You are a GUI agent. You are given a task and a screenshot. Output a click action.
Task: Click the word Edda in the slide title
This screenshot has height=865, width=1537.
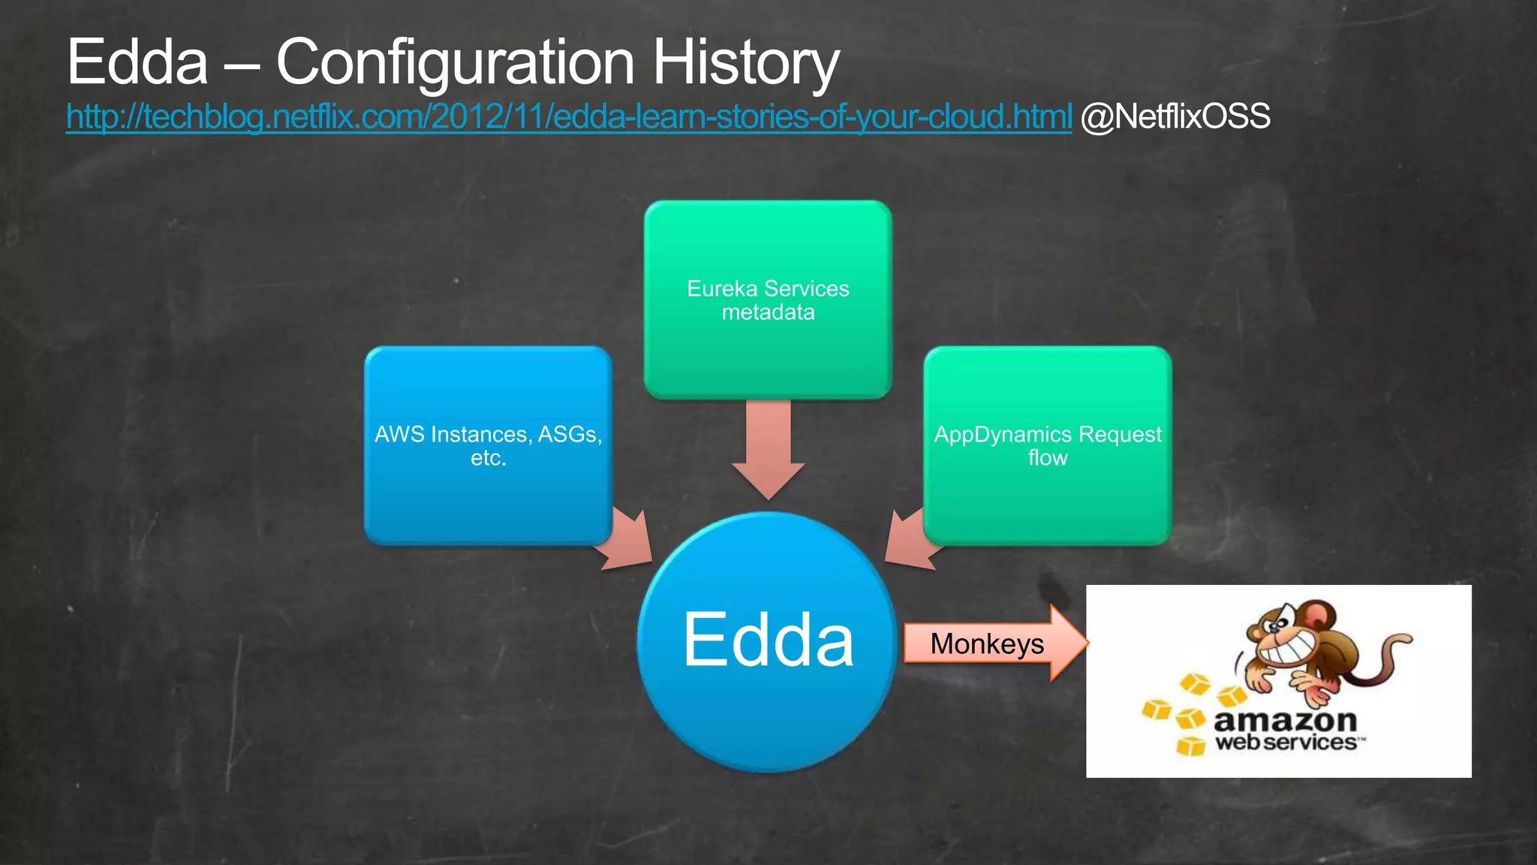(137, 62)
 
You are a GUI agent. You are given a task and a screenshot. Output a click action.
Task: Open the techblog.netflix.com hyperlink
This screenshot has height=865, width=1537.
(568, 117)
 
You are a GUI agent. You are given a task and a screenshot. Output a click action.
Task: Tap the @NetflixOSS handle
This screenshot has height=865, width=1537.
(1175, 117)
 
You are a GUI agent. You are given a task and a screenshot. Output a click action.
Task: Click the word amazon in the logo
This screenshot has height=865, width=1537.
(1285, 721)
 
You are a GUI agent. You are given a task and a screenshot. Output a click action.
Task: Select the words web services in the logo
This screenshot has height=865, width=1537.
(1286, 743)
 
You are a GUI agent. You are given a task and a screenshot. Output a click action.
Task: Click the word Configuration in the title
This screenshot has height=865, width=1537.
(455, 62)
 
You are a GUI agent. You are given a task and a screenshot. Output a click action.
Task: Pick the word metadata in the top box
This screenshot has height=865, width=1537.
(768, 312)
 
